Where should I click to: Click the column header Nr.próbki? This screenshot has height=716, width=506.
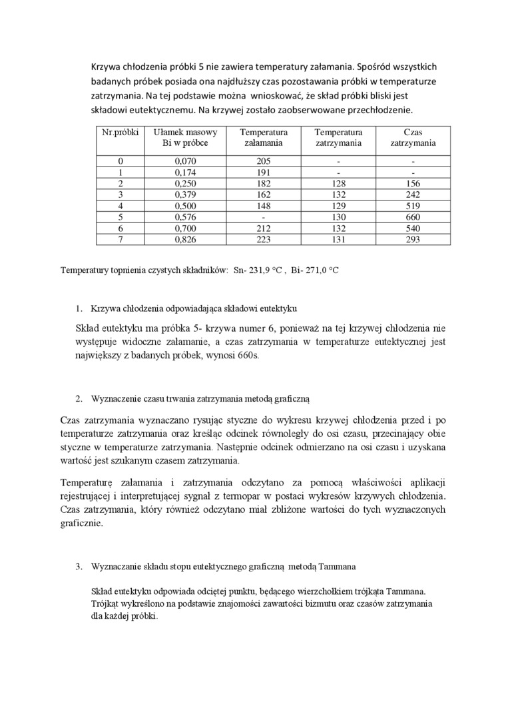(x=120, y=133)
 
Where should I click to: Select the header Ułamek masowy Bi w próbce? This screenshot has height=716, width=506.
(x=180, y=137)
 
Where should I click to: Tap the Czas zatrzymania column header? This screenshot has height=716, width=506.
(x=413, y=137)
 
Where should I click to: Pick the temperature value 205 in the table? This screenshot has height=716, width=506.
(x=264, y=161)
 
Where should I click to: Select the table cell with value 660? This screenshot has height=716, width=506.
(x=413, y=216)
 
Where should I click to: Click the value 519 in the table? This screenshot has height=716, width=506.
(x=413, y=206)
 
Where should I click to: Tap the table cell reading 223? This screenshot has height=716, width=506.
(x=264, y=239)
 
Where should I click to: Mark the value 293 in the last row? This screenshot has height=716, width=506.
(x=413, y=239)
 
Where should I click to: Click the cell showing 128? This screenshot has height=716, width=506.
(x=338, y=183)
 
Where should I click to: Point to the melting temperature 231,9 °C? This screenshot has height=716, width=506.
(x=266, y=272)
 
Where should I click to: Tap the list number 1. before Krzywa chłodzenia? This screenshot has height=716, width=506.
(x=79, y=308)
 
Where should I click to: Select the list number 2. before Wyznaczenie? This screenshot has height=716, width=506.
(x=79, y=399)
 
